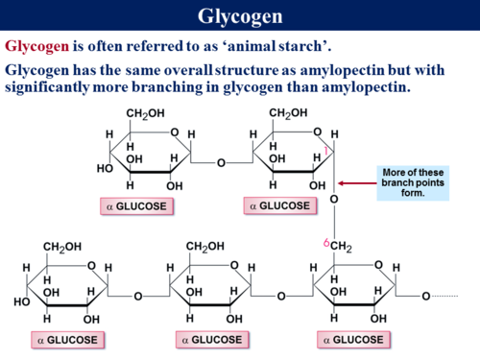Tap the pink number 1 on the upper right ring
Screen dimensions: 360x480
(326, 152)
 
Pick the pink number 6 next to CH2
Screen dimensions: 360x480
(326, 245)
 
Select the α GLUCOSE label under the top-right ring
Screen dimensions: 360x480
(279, 205)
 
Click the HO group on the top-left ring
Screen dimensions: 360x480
(105, 168)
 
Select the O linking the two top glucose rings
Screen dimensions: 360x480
(220, 163)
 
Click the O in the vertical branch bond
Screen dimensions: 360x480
(334, 200)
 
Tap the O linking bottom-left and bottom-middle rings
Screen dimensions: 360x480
(137, 296)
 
